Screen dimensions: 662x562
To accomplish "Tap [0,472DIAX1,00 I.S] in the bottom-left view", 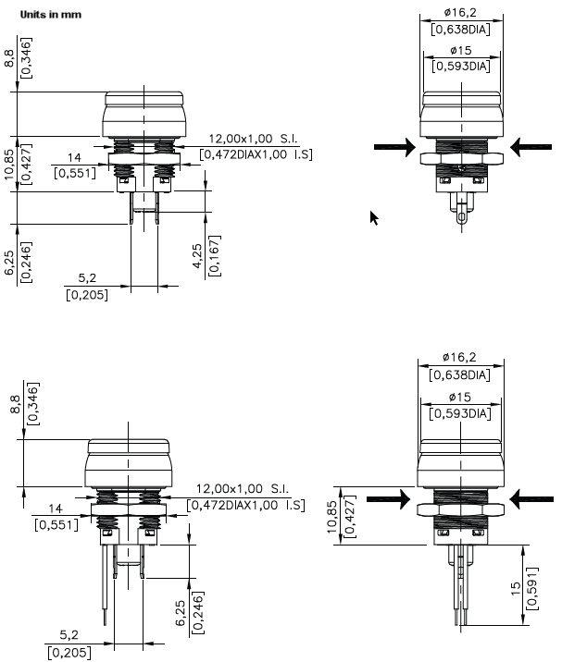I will [x=245, y=506].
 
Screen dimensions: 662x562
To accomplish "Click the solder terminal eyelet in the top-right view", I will [x=461, y=219].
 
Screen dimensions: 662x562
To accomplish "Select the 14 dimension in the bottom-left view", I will [x=55, y=509].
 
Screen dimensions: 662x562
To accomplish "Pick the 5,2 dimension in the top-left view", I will [x=87, y=278].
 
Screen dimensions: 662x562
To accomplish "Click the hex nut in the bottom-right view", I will [x=459, y=509].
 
